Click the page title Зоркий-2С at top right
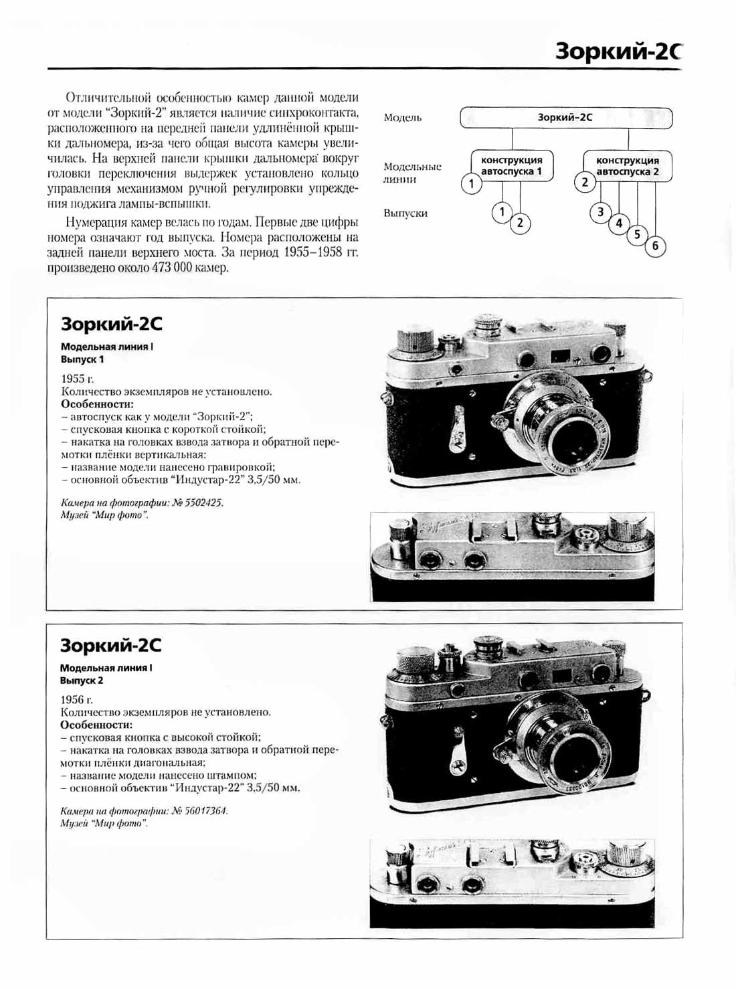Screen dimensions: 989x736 pos(618,52)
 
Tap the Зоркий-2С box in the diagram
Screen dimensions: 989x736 pos(565,118)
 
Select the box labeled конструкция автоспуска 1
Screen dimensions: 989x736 pos(512,166)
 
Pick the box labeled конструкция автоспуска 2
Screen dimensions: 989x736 pos(627,166)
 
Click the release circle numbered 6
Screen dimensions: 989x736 pos(655,246)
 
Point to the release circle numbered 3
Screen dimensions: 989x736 pos(600,212)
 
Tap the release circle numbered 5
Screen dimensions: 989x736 pos(637,234)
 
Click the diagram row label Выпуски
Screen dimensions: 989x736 pos(405,213)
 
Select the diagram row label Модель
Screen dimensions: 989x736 pos(403,118)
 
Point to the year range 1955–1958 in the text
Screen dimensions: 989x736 pos(312,252)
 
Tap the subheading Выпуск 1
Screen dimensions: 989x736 pos(82,359)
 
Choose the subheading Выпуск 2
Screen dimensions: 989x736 pos(82,681)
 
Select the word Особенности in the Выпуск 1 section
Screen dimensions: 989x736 pos(97,404)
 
